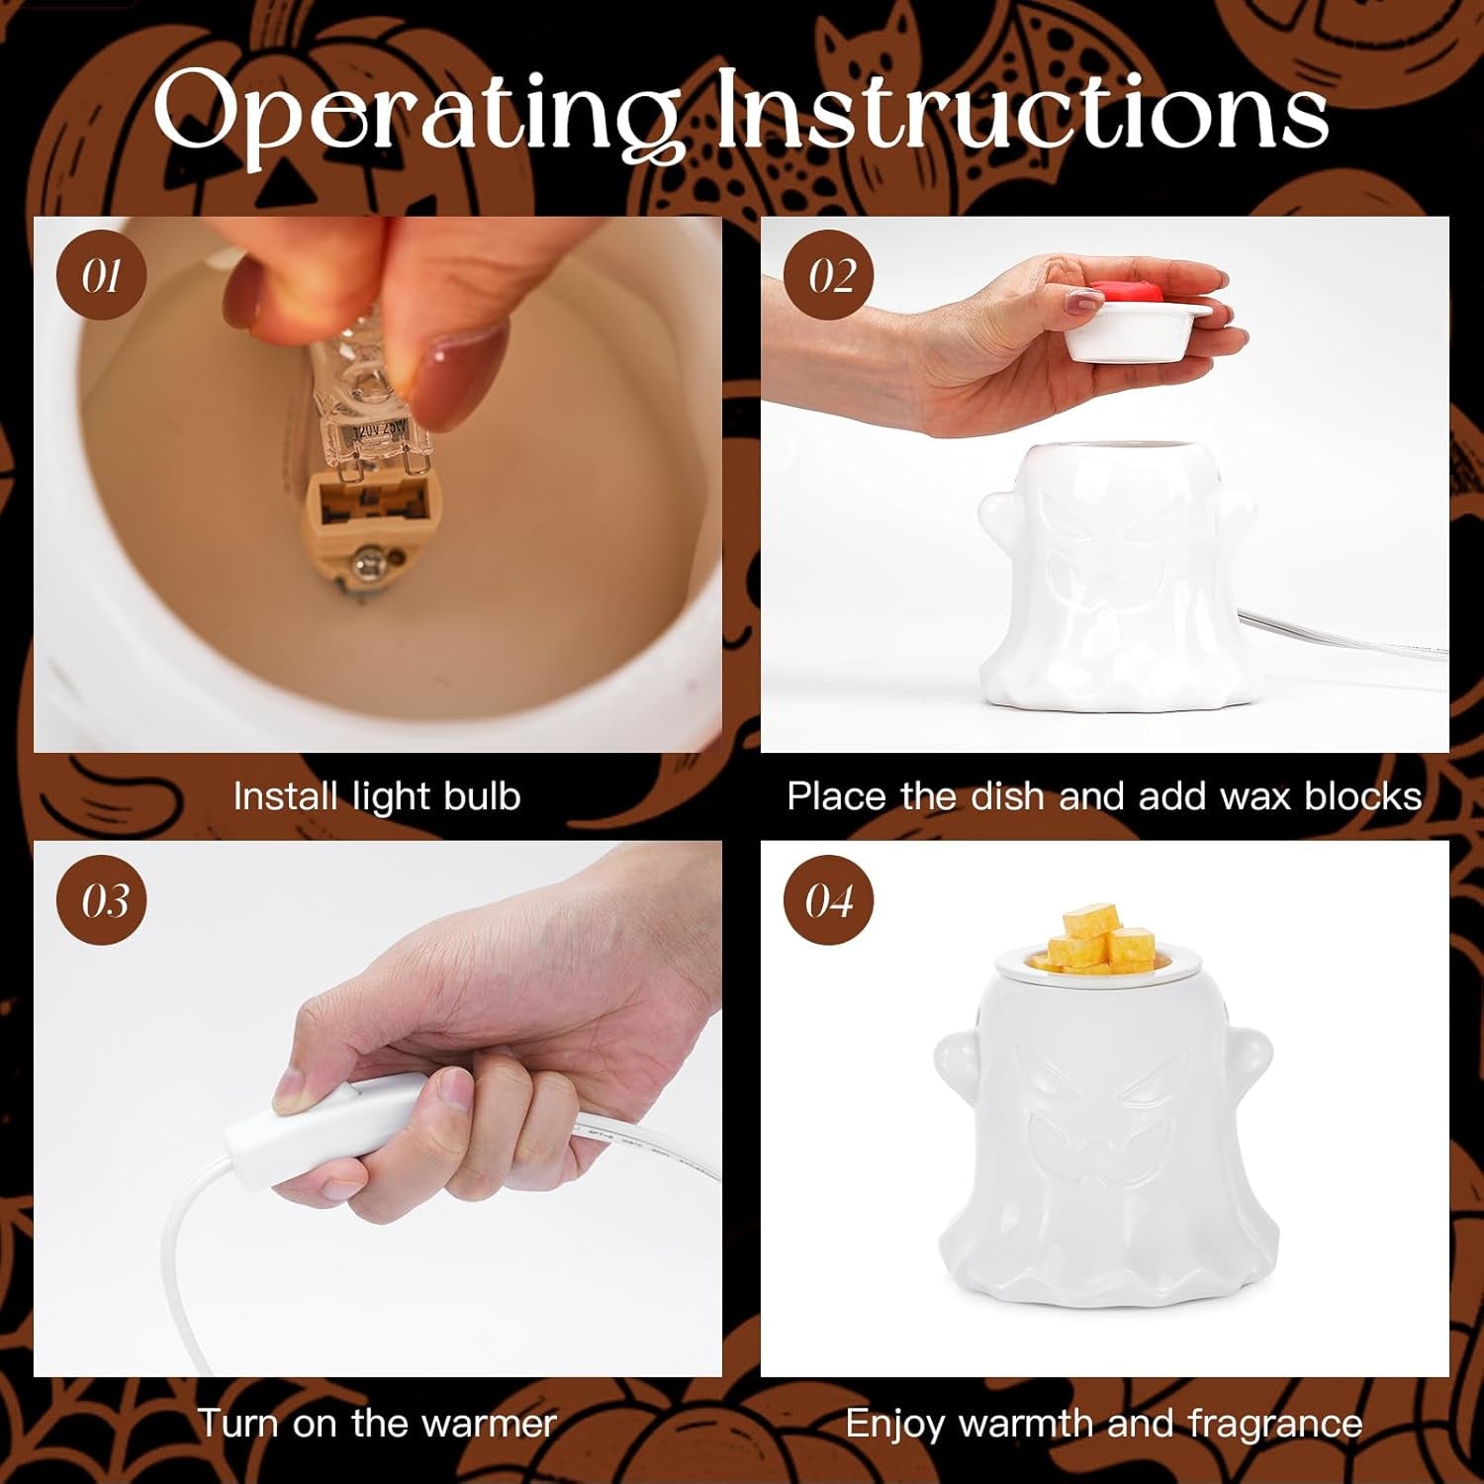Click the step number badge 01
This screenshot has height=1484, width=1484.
pos(102,275)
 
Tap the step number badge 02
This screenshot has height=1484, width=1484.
pos(828,275)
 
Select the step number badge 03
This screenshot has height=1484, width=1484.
pos(102,899)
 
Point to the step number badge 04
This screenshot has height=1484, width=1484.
pos(828,899)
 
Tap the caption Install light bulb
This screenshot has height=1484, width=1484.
pos(377,796)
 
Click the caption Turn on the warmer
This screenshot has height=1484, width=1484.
pos(377,1423)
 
